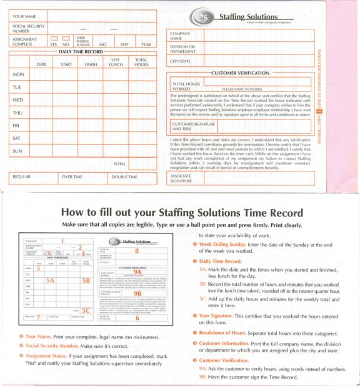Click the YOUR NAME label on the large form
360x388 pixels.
24,14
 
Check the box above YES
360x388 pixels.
54,39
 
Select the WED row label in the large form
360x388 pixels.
19,100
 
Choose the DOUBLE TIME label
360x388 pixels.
124,176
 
